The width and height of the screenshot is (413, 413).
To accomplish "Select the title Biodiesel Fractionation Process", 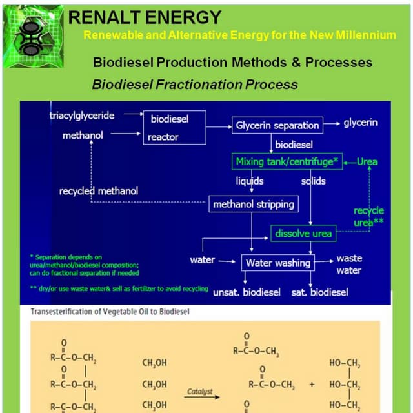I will [195, 85].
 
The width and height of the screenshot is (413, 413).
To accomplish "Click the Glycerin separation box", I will [277, 125].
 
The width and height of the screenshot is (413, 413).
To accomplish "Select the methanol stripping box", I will [254, 204].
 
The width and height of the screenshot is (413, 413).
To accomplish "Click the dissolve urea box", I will [303, 233].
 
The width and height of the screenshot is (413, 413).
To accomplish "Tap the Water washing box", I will [277, 263].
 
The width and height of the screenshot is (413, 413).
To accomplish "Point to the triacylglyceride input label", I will [82, 116].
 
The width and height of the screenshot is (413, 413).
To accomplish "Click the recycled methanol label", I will [98, 191].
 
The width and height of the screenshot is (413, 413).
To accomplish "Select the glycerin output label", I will [361, 122].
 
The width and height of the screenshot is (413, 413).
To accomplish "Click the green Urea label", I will [367, 161].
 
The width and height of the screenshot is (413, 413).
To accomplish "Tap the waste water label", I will [349, 265].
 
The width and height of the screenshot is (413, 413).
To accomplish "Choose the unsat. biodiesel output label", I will [247, 292].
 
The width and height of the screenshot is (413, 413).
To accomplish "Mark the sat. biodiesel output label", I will [319, 292].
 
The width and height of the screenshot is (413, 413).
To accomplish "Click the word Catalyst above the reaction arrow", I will [200, 391].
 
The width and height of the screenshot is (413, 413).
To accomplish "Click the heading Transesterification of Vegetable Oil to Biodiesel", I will [110, 312].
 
